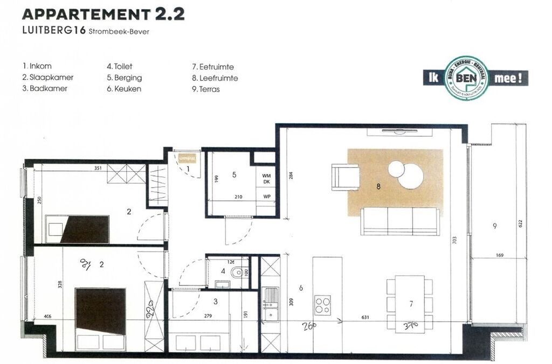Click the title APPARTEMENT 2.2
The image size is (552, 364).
tap(104, 14)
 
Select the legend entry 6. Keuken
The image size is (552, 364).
tap(124, 89)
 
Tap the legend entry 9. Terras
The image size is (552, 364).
tap(206, 89)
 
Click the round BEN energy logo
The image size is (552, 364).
tap(467, 78)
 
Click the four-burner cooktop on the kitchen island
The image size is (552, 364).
tap(323, 305)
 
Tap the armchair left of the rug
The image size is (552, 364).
tap(346, 177)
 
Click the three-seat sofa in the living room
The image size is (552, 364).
tap(400, 221)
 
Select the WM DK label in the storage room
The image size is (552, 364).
tap(266, 179)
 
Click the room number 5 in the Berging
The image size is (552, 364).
tap(234, 174)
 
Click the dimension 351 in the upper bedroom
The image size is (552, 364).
tap(98, 168)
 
